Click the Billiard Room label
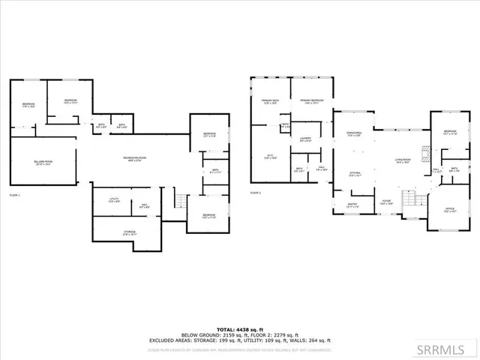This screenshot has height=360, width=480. click(x=43, y=162)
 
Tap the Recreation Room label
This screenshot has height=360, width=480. click(x=135, y=158)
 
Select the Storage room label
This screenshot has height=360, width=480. click(x=130, y=232)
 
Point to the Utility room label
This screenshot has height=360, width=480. click(x=114, y=199)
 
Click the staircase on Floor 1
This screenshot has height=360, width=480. click(x=179, y=201)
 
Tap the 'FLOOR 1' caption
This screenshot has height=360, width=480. click(x=14, y=194)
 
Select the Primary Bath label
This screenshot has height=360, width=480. click(x=270, y=101)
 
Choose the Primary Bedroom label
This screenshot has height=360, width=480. click(x=312, y=101)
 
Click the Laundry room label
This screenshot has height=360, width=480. click(x=305, y=139)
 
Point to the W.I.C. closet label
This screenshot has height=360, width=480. click(x=270, y=157)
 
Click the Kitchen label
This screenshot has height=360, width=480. click(x=355, y=174)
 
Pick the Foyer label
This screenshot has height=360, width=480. click(x=387, y=202)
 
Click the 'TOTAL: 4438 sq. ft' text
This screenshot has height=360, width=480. click(x=239, y=329)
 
